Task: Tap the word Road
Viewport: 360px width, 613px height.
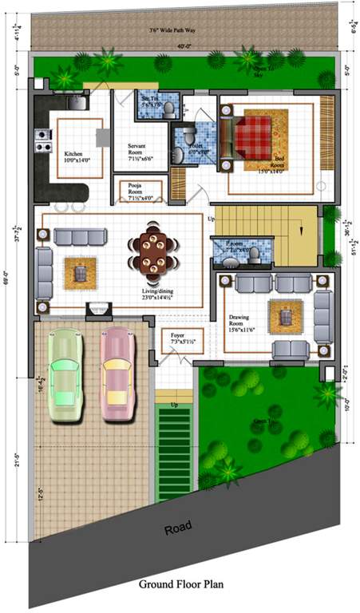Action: click(x=179, y=528)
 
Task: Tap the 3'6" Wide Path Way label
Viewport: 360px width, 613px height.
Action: click(x=173, y=30)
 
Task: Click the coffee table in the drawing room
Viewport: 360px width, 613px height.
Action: click(x=285, y=318)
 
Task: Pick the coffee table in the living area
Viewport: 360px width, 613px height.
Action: click(x=79, y=272)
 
